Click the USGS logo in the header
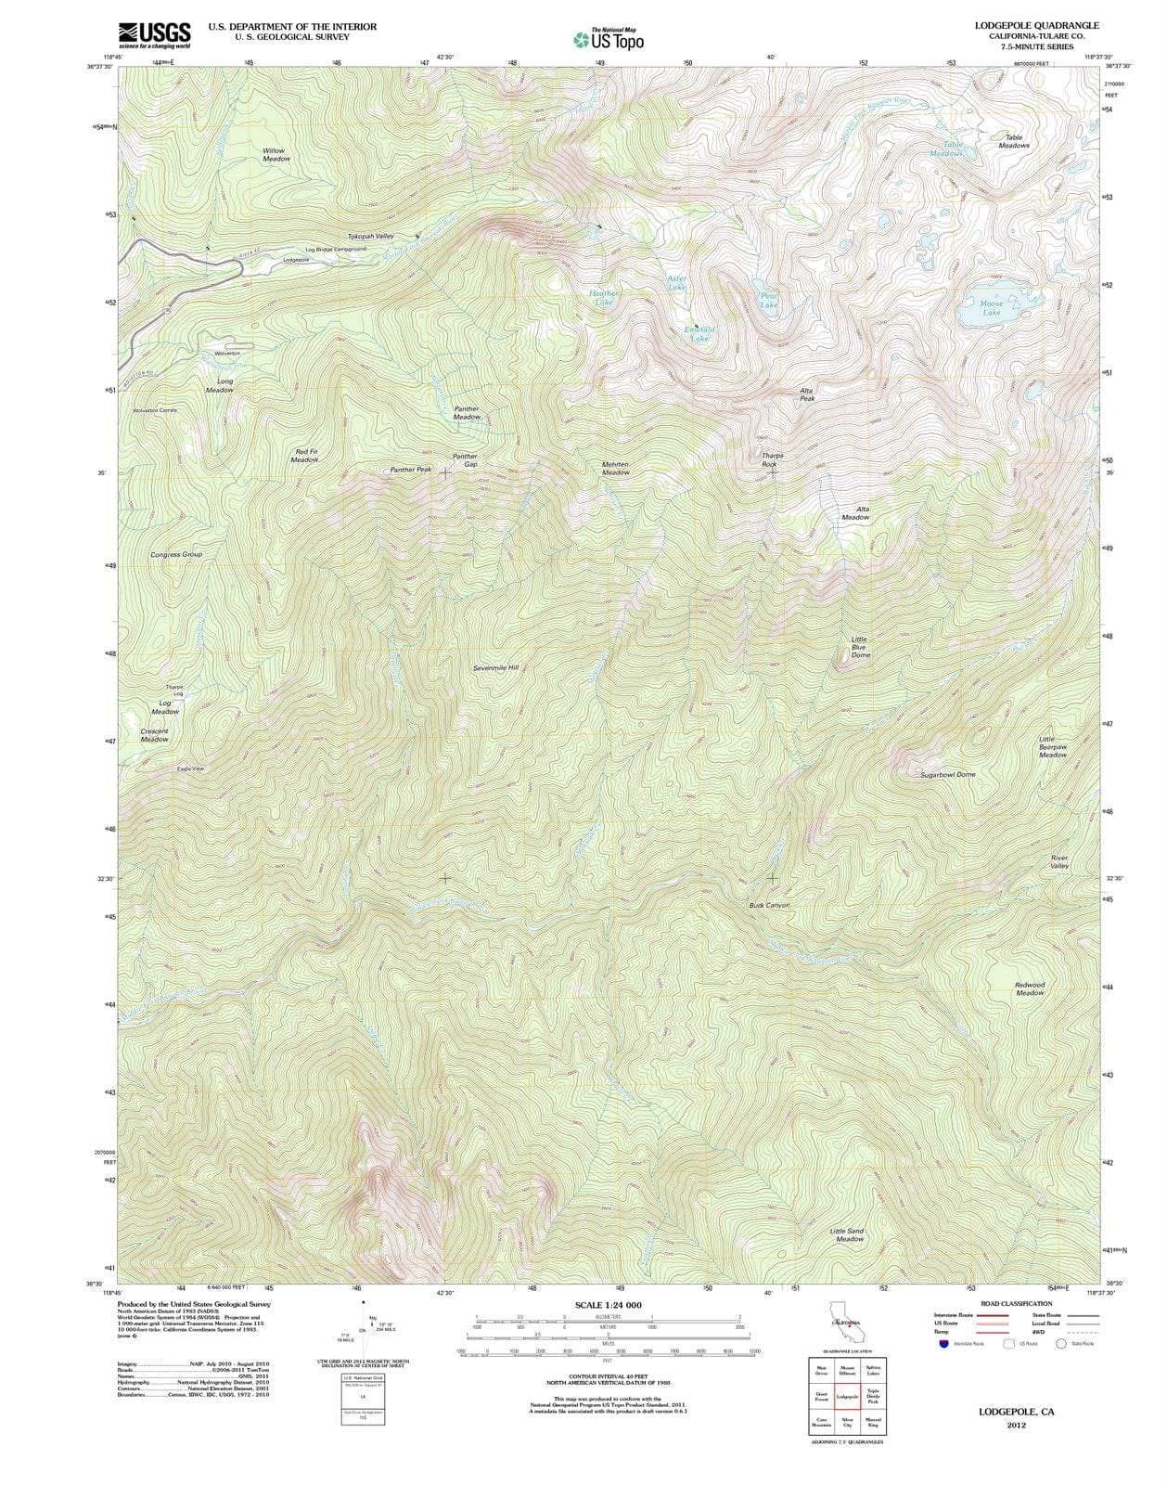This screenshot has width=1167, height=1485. [x=154, y=35]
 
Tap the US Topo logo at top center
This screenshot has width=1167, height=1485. [x=609, y=39]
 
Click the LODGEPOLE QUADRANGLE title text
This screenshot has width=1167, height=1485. [x=1036, y=26]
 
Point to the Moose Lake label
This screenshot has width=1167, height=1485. [x=991, y=308]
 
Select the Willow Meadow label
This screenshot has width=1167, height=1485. [x=276, y=154]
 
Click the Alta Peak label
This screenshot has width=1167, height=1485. [x=806, y=394]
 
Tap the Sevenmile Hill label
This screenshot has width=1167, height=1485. [x=495, y=667]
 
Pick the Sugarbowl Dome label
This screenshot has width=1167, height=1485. [x=947, y=774]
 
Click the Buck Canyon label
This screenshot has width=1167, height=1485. [x=769, y=904]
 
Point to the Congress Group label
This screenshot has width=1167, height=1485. [x=176, y=554]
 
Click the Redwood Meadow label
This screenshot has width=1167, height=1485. [x=1029, y=988]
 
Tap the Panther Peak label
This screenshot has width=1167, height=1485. [x=410, y=470]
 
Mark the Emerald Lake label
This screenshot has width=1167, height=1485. [x=699, y=334]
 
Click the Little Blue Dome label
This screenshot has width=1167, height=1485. [x=860, y=647]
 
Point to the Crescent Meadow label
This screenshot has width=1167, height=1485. [x=154, y=735]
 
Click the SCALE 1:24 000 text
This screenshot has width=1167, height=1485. [x=608, y=1305]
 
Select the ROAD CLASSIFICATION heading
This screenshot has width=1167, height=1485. [x=1016, y=1304]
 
